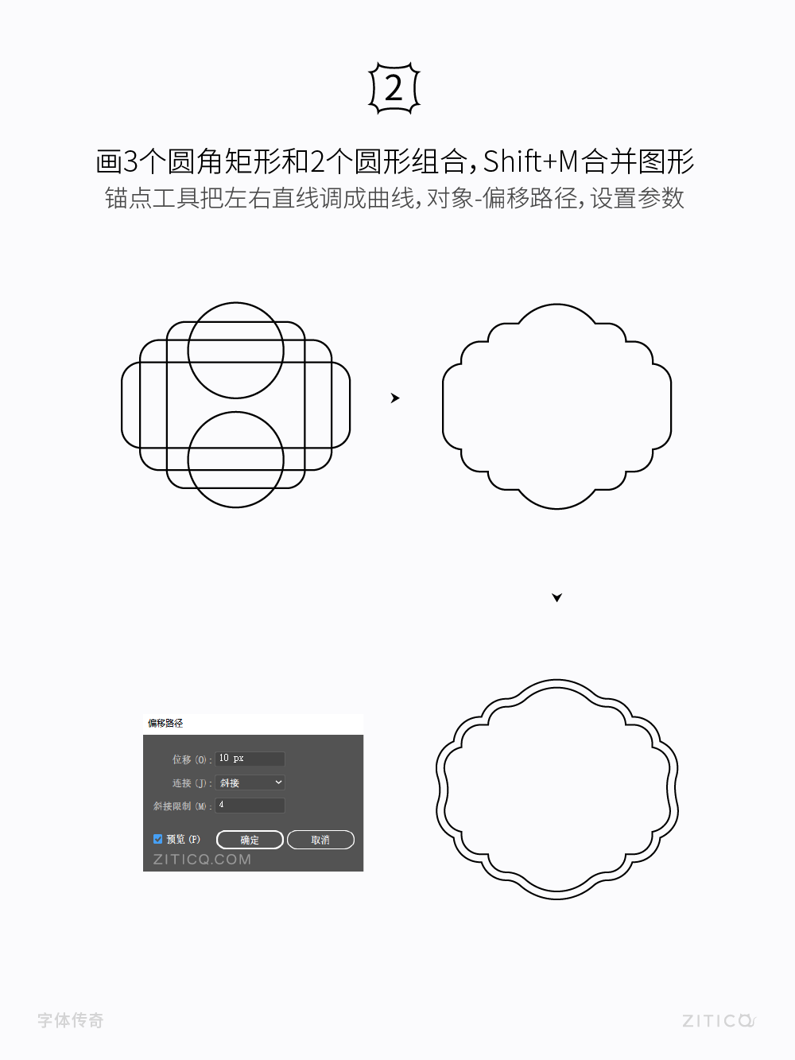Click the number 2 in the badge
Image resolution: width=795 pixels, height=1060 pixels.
tap(394, 88)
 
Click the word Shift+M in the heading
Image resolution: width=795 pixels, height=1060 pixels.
tap(530, 161)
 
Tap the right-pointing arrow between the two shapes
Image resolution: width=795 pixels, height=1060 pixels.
tap(395, 398)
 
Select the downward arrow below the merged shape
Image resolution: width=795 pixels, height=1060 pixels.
tap(556, 597)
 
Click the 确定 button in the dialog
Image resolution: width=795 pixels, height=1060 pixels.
tap(250, 840)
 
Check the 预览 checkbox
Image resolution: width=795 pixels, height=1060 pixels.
tap(158, 839)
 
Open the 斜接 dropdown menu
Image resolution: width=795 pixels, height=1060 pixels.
tap(250, 782)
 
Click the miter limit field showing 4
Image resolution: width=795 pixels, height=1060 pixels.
tap(250, 805)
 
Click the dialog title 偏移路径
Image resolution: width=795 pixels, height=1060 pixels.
tap(165, 723)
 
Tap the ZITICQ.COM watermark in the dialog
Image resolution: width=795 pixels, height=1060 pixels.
tap(202, 860)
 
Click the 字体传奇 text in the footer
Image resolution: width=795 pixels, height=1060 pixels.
tap(71, 1020)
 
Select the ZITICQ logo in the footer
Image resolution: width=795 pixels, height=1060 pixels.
tap(718, 1020)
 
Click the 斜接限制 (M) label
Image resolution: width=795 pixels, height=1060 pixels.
tap(181, 806)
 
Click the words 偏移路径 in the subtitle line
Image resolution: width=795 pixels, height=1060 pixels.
tap(529, 198)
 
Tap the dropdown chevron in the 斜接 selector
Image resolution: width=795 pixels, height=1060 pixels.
tap(278, 782)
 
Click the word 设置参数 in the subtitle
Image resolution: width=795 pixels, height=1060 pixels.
tap(637, 198)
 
